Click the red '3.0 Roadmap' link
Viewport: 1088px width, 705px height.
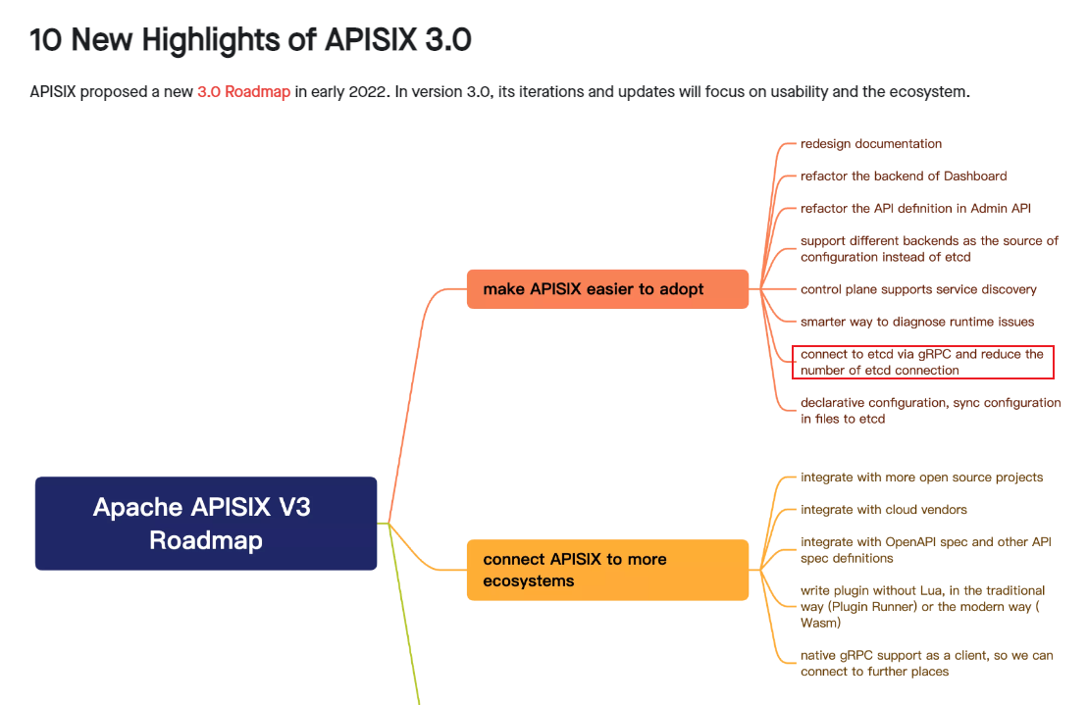[x=243, y=92]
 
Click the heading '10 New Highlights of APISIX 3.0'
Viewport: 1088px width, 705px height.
[x=250, y=40]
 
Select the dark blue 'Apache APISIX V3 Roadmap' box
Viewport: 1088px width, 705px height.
[x=206, y=524]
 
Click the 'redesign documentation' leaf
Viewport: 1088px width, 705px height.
[x=871, y=144]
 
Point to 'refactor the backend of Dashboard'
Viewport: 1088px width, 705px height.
[x=904, y=176]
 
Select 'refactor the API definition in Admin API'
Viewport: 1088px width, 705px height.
[x=915, y=209]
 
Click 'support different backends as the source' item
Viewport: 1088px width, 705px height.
[x=929, y=249]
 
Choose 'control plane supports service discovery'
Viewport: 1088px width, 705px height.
[x=918, y=290]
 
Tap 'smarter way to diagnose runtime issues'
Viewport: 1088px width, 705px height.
[x=917, y=323]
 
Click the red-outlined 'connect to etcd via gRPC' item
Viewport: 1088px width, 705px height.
[x=922, y=362]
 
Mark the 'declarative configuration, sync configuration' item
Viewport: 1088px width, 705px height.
[x=930, y=411]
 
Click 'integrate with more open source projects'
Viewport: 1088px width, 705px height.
[x=921, y=478]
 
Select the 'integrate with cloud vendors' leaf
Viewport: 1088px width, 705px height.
[x=884, y=510]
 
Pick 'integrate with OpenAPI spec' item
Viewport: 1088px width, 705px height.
[x=925, y=550]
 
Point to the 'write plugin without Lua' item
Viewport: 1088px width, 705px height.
[x=922, y=606]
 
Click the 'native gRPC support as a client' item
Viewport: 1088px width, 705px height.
[x=926, y=663]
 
